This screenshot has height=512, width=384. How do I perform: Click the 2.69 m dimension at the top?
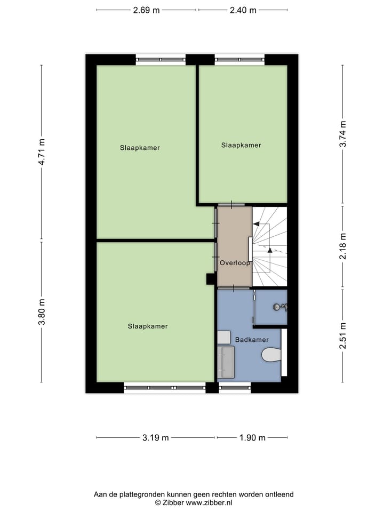click(146, 10)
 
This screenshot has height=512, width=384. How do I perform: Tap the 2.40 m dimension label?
click(243, 10)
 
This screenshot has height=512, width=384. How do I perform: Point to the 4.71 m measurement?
click(42, 152)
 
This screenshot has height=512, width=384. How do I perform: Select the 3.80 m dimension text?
click(42, 311)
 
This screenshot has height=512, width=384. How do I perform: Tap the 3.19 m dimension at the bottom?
click(156, 438)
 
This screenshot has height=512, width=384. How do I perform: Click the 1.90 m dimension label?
click(252, 438)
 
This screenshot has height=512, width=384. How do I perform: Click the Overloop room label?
click(235, 263)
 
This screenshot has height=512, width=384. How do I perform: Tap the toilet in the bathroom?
click(271, 355)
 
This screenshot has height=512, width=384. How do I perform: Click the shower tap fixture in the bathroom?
click(278, 307)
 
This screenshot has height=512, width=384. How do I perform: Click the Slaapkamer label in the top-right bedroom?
click(241, 145)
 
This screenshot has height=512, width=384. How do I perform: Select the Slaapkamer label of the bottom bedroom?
click(148, 326)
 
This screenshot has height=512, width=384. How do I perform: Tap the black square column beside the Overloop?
click(210, 278)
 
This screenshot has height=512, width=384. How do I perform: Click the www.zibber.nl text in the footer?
click(209, 502)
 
